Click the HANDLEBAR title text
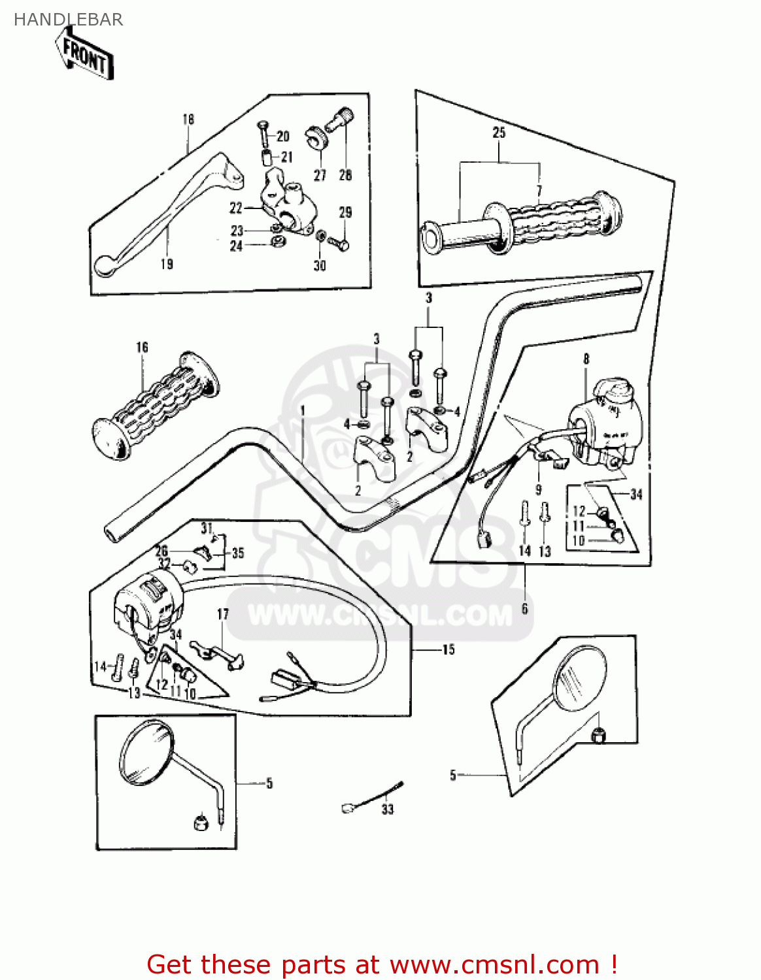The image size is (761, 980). [68, 20]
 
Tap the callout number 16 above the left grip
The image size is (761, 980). [142, 348]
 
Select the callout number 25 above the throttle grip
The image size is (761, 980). [499, 133]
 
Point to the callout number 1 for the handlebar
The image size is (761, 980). [303, 410]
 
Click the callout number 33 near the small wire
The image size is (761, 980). [388, 809]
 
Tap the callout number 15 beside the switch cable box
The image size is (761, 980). [448, 649]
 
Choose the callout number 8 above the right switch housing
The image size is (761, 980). [586, 359]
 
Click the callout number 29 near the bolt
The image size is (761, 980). [345, 212]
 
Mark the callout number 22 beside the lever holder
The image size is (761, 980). [236, 208]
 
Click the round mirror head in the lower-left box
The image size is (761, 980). [147, 753]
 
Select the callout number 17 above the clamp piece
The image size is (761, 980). [223, 614]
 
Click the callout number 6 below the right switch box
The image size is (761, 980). [524, 609]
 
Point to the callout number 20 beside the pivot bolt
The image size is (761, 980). [282, 136]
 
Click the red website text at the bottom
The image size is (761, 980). [382, 964]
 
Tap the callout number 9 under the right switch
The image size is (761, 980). [538, 489]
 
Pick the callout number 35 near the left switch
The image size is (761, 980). [238, 553]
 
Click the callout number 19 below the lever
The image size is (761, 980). [167, 264]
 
